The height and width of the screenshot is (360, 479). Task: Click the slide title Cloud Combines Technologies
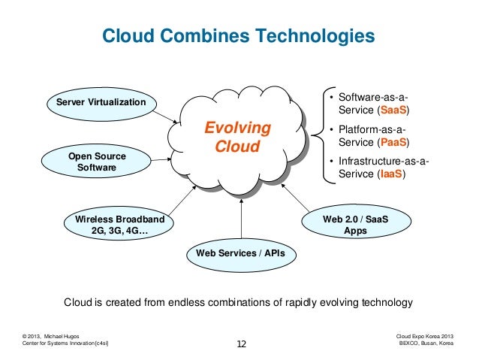(238, 35)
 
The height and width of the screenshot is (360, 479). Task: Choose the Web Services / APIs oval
(240, 253)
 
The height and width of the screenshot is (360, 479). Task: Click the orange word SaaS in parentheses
(393, 110)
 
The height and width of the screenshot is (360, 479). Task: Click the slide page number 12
(241, 345)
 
